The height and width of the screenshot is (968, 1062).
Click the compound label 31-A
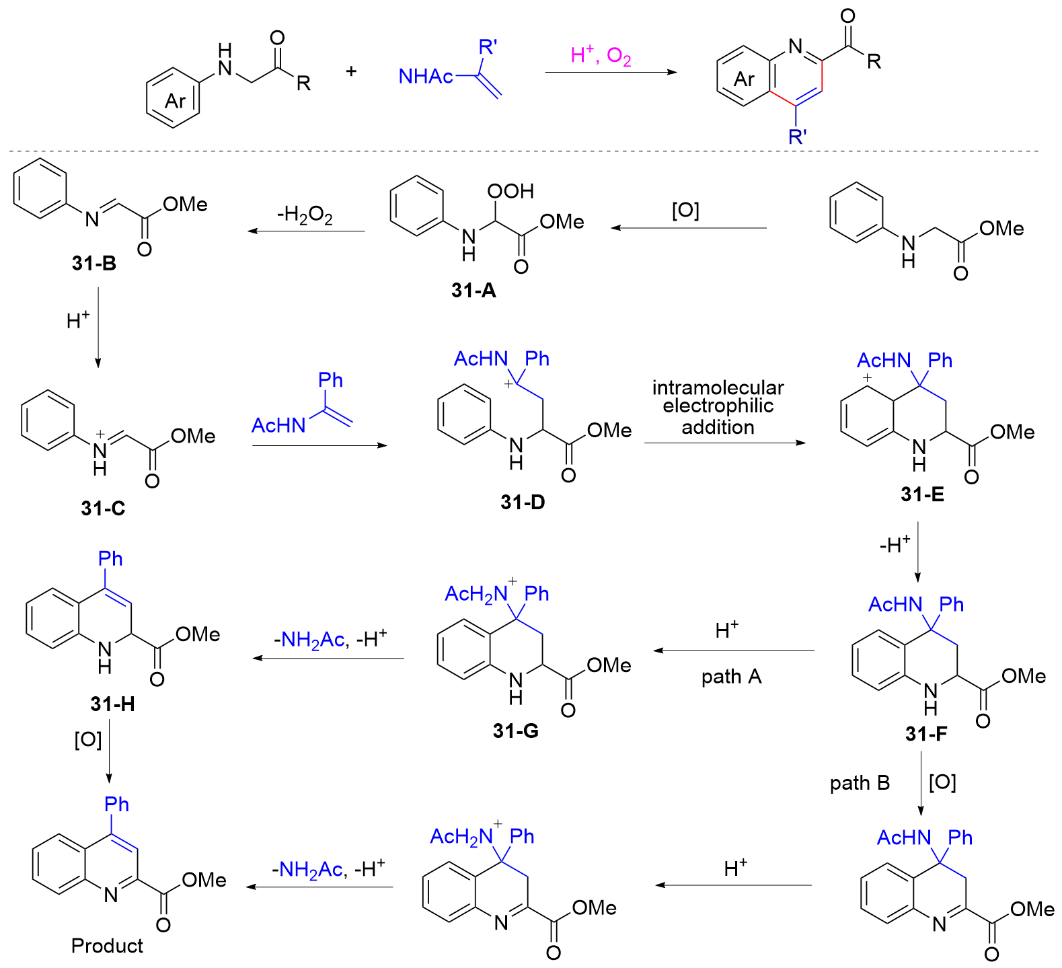coord(473,290)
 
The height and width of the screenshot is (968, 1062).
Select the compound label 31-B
coord(94,263)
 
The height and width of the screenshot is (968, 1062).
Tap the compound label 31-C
coord(103,508)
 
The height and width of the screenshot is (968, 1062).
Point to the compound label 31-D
coord(523,502)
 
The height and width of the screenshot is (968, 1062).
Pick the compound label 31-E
coord(923,494)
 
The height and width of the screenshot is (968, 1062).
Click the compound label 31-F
coord(926,733)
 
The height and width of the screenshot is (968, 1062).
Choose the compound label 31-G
coord(516,731)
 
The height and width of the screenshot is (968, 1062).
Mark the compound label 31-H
coord(112,704)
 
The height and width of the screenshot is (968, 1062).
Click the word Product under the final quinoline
coord(107,946)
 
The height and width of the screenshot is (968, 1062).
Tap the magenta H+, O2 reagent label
coord(601,55)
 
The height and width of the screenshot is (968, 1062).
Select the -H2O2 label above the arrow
coord(305,215)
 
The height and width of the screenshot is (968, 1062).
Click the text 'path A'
coord(731,676)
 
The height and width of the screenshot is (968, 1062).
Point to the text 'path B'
coord(860,783)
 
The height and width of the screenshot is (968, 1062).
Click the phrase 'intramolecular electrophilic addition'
coord(718,407)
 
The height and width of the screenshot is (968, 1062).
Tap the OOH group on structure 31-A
coord(510,191)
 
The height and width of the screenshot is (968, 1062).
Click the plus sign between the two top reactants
coord(351,71)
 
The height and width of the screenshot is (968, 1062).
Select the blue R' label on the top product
coord(798,137)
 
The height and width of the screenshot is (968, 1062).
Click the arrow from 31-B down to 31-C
coord(98,328)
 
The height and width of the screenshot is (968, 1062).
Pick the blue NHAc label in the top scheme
coord(426,77)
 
